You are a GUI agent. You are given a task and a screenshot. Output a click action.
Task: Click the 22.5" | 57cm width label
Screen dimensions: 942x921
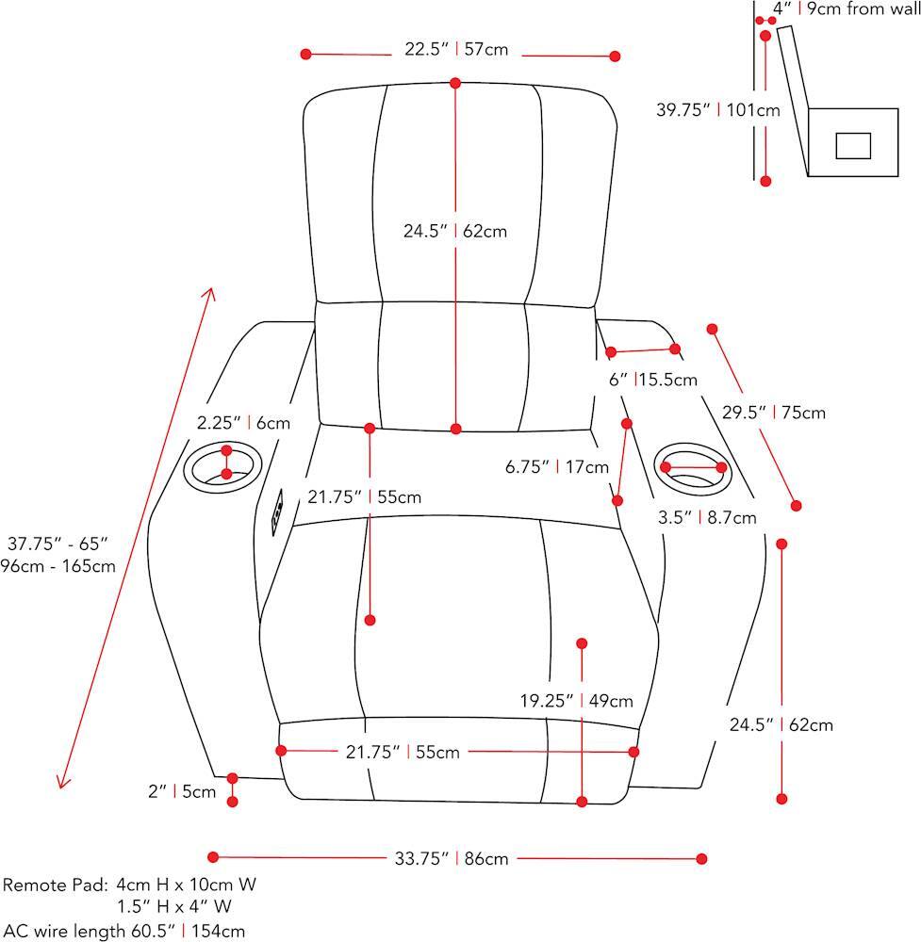point(456,49)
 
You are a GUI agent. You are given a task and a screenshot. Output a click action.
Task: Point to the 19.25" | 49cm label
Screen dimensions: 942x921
point(576,700)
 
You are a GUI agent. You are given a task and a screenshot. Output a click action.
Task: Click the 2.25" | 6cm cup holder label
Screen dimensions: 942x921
point(244,423)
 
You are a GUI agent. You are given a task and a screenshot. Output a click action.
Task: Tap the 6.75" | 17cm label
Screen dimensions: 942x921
point(569,466)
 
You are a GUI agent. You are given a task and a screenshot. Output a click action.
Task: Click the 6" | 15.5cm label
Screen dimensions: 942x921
point(652,380)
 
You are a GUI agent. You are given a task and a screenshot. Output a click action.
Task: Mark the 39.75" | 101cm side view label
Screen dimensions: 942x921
point(718,109)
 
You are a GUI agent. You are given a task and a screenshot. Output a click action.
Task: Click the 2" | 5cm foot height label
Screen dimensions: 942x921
point(182,792)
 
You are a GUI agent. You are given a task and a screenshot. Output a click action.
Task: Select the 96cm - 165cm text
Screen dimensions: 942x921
point(58,566)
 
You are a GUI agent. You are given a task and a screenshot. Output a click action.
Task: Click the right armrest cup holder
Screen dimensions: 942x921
point(694,466)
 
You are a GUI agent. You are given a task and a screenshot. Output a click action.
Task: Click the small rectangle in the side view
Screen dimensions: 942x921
point(854,145)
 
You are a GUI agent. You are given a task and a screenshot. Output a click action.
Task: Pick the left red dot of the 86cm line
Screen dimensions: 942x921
point(213,857)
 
